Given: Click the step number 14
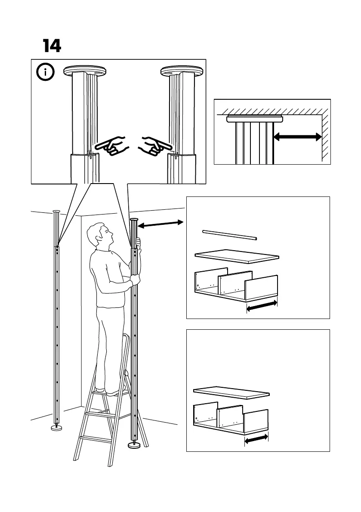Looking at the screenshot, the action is tap(52, 46).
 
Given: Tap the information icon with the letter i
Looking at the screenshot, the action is tap(46, 72).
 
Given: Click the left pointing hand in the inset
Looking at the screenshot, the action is tap(111, 145).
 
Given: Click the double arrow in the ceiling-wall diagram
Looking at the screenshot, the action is tap(298, 137).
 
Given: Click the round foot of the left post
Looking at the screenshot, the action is tap(56, 427).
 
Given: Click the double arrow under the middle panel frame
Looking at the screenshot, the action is tap(262, 307).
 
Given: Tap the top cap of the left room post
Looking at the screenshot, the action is tap(56, 212).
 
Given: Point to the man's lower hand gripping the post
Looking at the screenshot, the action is tap(136, 281).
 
